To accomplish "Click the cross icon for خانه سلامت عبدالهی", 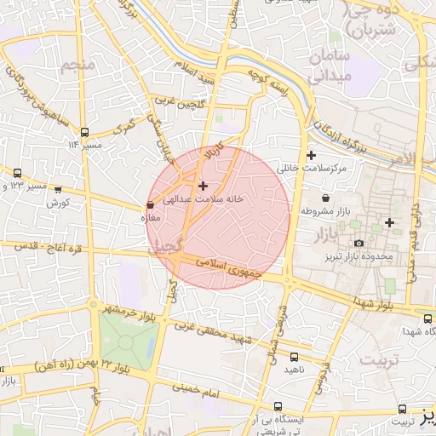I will coord(202,185).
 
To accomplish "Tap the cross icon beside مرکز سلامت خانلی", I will coord(311,155).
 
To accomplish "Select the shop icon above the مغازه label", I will coord(151,205).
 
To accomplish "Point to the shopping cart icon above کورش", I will coord(58,191).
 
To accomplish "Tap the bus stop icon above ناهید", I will coord(295,358).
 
